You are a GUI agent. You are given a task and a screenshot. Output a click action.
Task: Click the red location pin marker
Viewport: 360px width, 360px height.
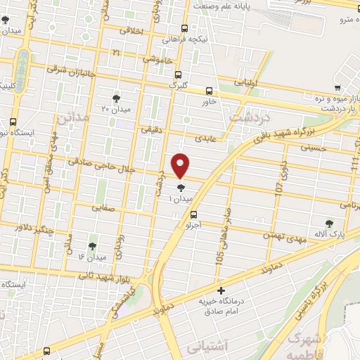click(181, 165)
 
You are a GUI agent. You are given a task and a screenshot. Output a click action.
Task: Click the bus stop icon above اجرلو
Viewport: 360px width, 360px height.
click(193, 215)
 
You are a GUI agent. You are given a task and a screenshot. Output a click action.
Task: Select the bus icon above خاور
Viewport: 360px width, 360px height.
click(209, 90)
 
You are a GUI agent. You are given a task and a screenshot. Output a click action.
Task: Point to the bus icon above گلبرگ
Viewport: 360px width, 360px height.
click(178, 74)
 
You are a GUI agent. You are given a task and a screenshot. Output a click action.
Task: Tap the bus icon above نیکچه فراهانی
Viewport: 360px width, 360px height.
click(184, 29)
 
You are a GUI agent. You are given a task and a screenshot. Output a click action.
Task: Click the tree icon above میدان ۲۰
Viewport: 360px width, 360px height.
click(116, 98)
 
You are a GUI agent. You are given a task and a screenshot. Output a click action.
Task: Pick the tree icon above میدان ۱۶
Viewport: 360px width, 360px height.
click(92, 246)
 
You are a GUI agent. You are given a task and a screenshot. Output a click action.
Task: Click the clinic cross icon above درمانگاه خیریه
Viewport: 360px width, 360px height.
click(221, 290)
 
